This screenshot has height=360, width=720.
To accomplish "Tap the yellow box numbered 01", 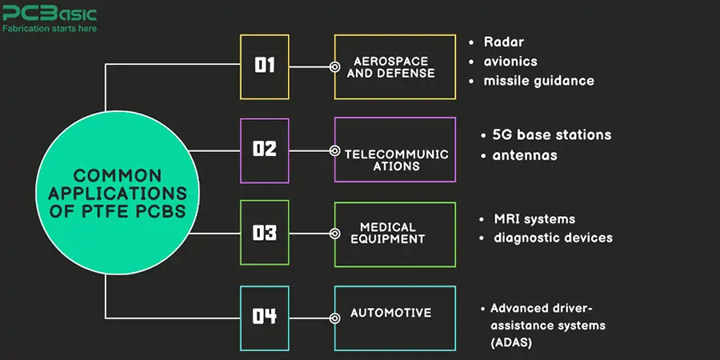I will coord(265,66).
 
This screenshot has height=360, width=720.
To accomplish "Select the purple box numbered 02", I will coord(265,150).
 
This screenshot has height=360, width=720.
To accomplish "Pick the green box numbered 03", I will coord(265,234).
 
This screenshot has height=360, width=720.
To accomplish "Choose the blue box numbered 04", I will coord(265,317).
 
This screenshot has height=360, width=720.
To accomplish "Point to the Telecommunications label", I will coord(395,160).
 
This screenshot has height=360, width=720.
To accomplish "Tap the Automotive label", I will coord(390,313).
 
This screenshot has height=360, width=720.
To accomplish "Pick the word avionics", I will coord(510,62).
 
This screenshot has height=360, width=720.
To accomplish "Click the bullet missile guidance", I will coord(538,81).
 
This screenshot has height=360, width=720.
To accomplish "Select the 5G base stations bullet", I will coord(552,134).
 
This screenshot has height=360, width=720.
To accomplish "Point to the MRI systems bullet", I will coord(534,218).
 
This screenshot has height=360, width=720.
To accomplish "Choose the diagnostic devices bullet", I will coord(553,238).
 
